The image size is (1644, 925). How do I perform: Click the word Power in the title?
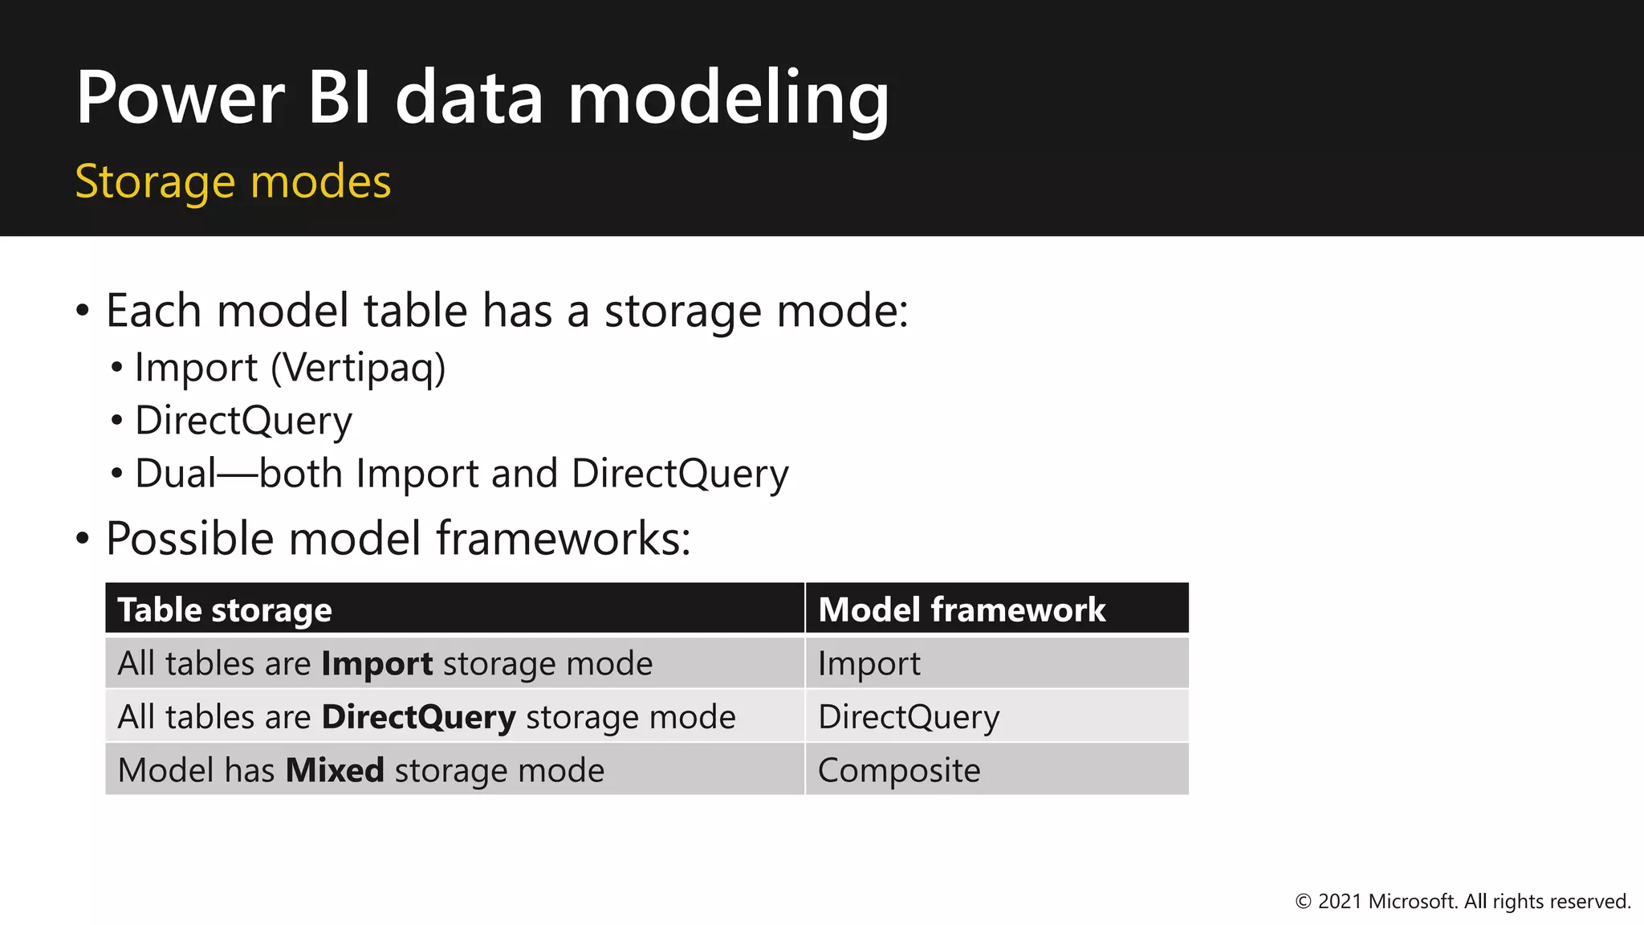click(180, 98)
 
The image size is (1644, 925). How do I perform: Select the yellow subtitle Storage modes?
click(233, 181)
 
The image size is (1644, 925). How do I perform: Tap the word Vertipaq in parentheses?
click(358, 368)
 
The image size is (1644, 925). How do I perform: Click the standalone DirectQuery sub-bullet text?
click(243, 421)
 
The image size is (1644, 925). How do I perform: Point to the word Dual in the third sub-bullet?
click(175, 473)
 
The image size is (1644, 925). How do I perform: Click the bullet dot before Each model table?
click(83, 311)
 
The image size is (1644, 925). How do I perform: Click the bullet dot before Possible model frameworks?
click(83, 539)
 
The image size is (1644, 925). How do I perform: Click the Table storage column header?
click(225, 610)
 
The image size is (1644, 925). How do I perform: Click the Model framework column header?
click(961, 610)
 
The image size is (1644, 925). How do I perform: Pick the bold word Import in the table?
click(376, 664)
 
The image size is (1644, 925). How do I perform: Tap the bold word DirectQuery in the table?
click(418, 717)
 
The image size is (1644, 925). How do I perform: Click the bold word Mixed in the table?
click(335, 771)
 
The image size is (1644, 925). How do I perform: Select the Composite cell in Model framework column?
click(898, 771)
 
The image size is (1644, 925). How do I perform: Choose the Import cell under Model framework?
click(869, 664)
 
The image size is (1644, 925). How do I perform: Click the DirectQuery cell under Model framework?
click(908, 717)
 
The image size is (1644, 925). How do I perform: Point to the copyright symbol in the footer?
click(1303, 902)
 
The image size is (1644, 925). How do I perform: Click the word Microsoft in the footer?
click(1412, 902)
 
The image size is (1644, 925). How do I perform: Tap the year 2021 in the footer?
click(1340, 902)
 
